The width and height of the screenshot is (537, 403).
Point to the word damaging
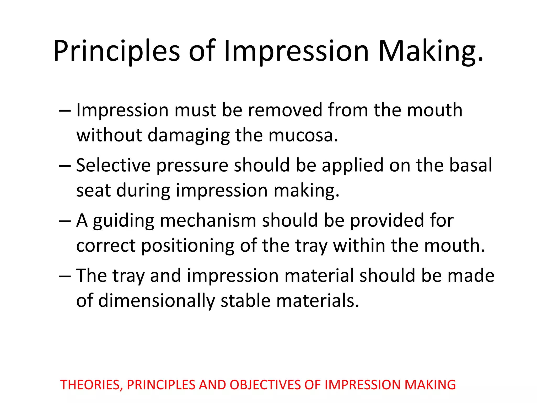tap(188, 135)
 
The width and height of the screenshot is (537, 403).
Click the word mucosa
tap(303, 135)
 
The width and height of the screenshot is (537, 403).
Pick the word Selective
tap(113, 165)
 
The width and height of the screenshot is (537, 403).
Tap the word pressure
tap(192, 166)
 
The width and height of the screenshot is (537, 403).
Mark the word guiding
tap(123, 221)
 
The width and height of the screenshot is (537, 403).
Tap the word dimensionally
tap(156, 301)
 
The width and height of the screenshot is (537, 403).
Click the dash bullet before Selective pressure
tap(65, 166)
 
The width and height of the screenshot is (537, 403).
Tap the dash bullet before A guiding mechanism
tap(65, 221)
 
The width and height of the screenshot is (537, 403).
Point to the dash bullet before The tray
tap(65, 276)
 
